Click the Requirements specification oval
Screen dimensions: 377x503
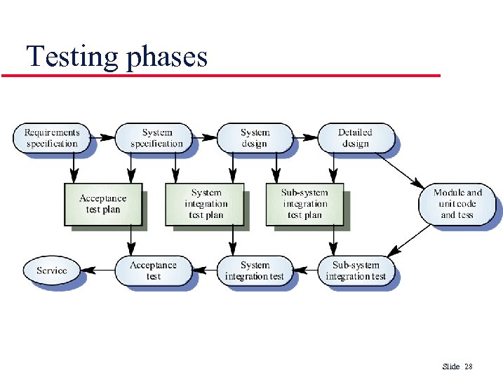pyautogui.click(x=52, y=138)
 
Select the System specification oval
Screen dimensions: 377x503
pyautogui.click(x=154, y=138)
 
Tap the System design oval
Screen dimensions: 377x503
pyautogui.click(x=255, y=138)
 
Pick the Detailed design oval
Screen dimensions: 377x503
pyautogui.click(x=355, y=138)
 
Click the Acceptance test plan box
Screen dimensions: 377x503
pyautogui.click(x=103, y=204)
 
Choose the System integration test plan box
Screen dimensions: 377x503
pyautogui.click(x=205, y=204)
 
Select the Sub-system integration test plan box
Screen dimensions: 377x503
pyautogui.click(x=304, y=204)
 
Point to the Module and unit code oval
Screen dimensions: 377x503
pyautogui.click(x=457, y=204)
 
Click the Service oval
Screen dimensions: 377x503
pyautogui.click(x=52, y=270)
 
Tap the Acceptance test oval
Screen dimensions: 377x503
pyautogui.click(x=154, y=270)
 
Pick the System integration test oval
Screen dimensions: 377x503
pyautogui.click(x=255, y=270)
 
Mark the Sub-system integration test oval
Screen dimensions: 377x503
pyautogui.click(x=356, y=270)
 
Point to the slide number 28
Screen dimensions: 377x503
pyautogui.click(x=469, y=366)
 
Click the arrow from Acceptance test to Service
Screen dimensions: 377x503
pyautogui.click(x=98, y=270)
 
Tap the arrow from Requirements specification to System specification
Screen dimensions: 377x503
pyautogui.click(x=102, y=137)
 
